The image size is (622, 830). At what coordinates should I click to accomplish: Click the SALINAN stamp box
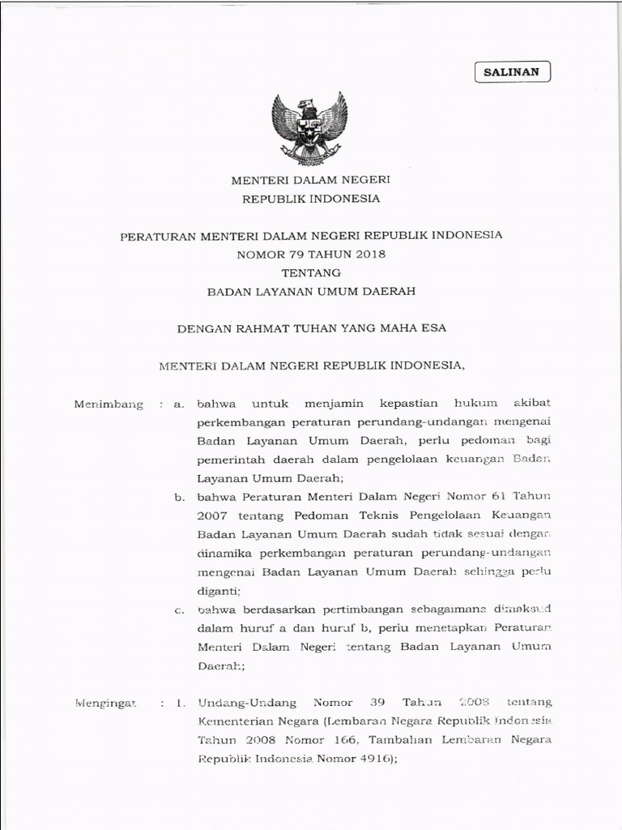pos(512,72)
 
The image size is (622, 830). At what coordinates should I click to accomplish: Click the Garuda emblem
pos(309,128)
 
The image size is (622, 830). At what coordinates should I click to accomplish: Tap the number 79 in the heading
pos(288,254)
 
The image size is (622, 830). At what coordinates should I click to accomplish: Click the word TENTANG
pos(311,272)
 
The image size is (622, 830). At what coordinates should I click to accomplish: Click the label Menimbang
pos(109,404)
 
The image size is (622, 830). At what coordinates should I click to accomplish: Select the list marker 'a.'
pos(180,404)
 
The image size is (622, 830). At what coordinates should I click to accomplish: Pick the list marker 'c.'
pos(180,610)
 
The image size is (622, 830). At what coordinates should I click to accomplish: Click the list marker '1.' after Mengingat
pos(181,704)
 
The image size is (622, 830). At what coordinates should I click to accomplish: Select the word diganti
pos(219,591)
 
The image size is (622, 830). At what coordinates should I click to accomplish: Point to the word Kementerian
pos(236,721)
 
